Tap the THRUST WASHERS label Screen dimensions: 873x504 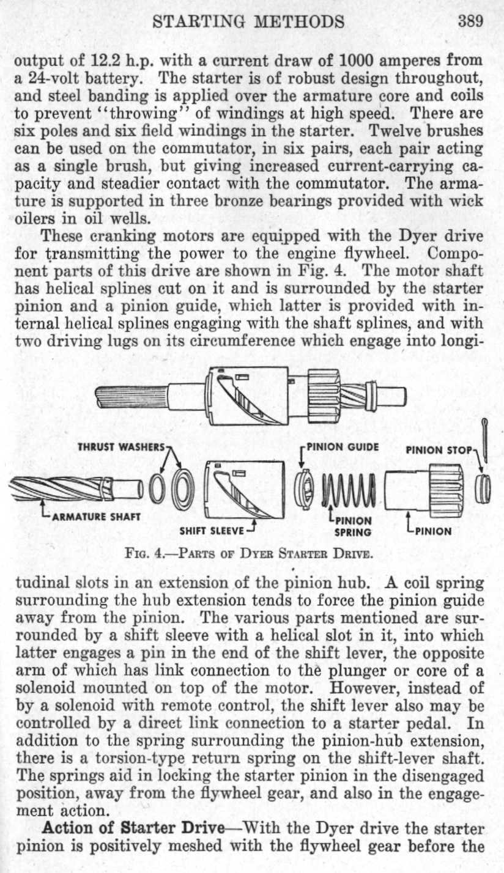[x=120, y=447]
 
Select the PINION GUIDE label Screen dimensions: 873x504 [x=343, y=447]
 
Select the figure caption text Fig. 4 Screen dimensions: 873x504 [x=251, y=555]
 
